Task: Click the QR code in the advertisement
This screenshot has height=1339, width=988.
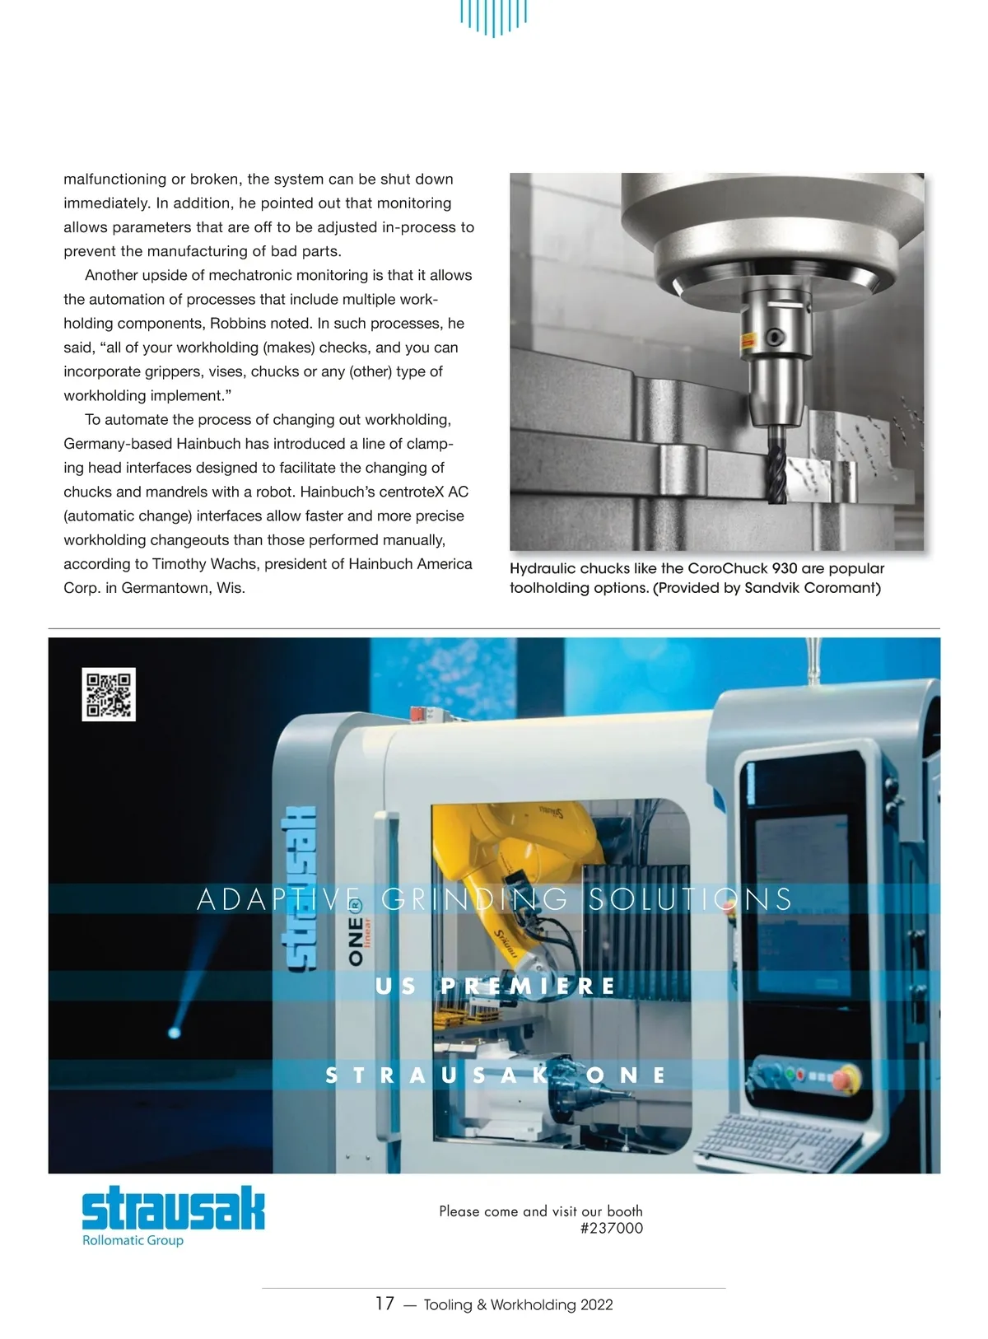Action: tap(109, 694)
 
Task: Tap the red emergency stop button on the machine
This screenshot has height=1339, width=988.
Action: tap(846, 1076)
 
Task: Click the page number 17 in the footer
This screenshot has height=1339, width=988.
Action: tap(384, 1303)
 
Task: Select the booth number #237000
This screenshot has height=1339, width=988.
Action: tap(611, 1228)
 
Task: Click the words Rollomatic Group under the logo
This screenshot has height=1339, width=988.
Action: tap(133, 1240)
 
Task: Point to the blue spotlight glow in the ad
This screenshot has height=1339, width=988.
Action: tap(175, 1031)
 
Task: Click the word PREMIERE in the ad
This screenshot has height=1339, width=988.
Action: tap(528, 986)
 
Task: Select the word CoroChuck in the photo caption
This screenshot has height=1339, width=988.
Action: tap(728, 568)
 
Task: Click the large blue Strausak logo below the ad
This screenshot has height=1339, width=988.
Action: tap(173, 1208)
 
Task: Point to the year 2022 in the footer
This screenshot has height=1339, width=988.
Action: tap(596, 1304)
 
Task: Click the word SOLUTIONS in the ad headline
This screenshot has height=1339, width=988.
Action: tap(690, 898)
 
